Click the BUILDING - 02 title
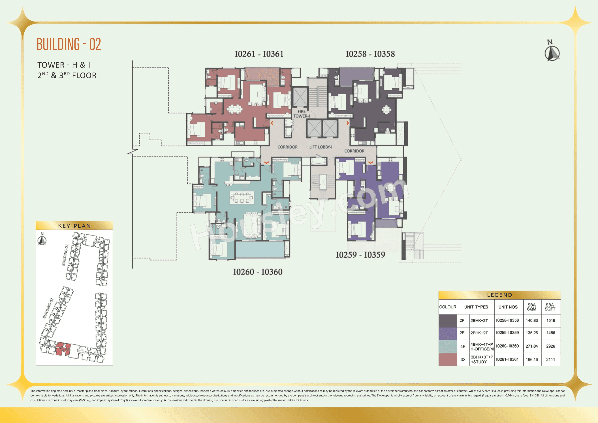(x=69, y=44)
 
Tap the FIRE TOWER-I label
(x=301, y=114)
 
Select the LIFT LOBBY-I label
(x=321, y=147)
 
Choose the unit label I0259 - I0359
(x=360, y=255)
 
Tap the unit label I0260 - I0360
(x=258, y=272)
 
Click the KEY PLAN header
(x=74, y=226)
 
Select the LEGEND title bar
(x=499, y=295)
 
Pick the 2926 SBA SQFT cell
(x=551, y=346)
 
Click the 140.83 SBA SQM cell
(x=532, y=320)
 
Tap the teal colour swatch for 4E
(x=448, y=346)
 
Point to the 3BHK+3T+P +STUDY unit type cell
(x=482, y=359)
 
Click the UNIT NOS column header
(x=508, y=307)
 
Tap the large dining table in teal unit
(x=242, y=197)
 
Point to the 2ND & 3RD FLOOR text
(x=67, y=75)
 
